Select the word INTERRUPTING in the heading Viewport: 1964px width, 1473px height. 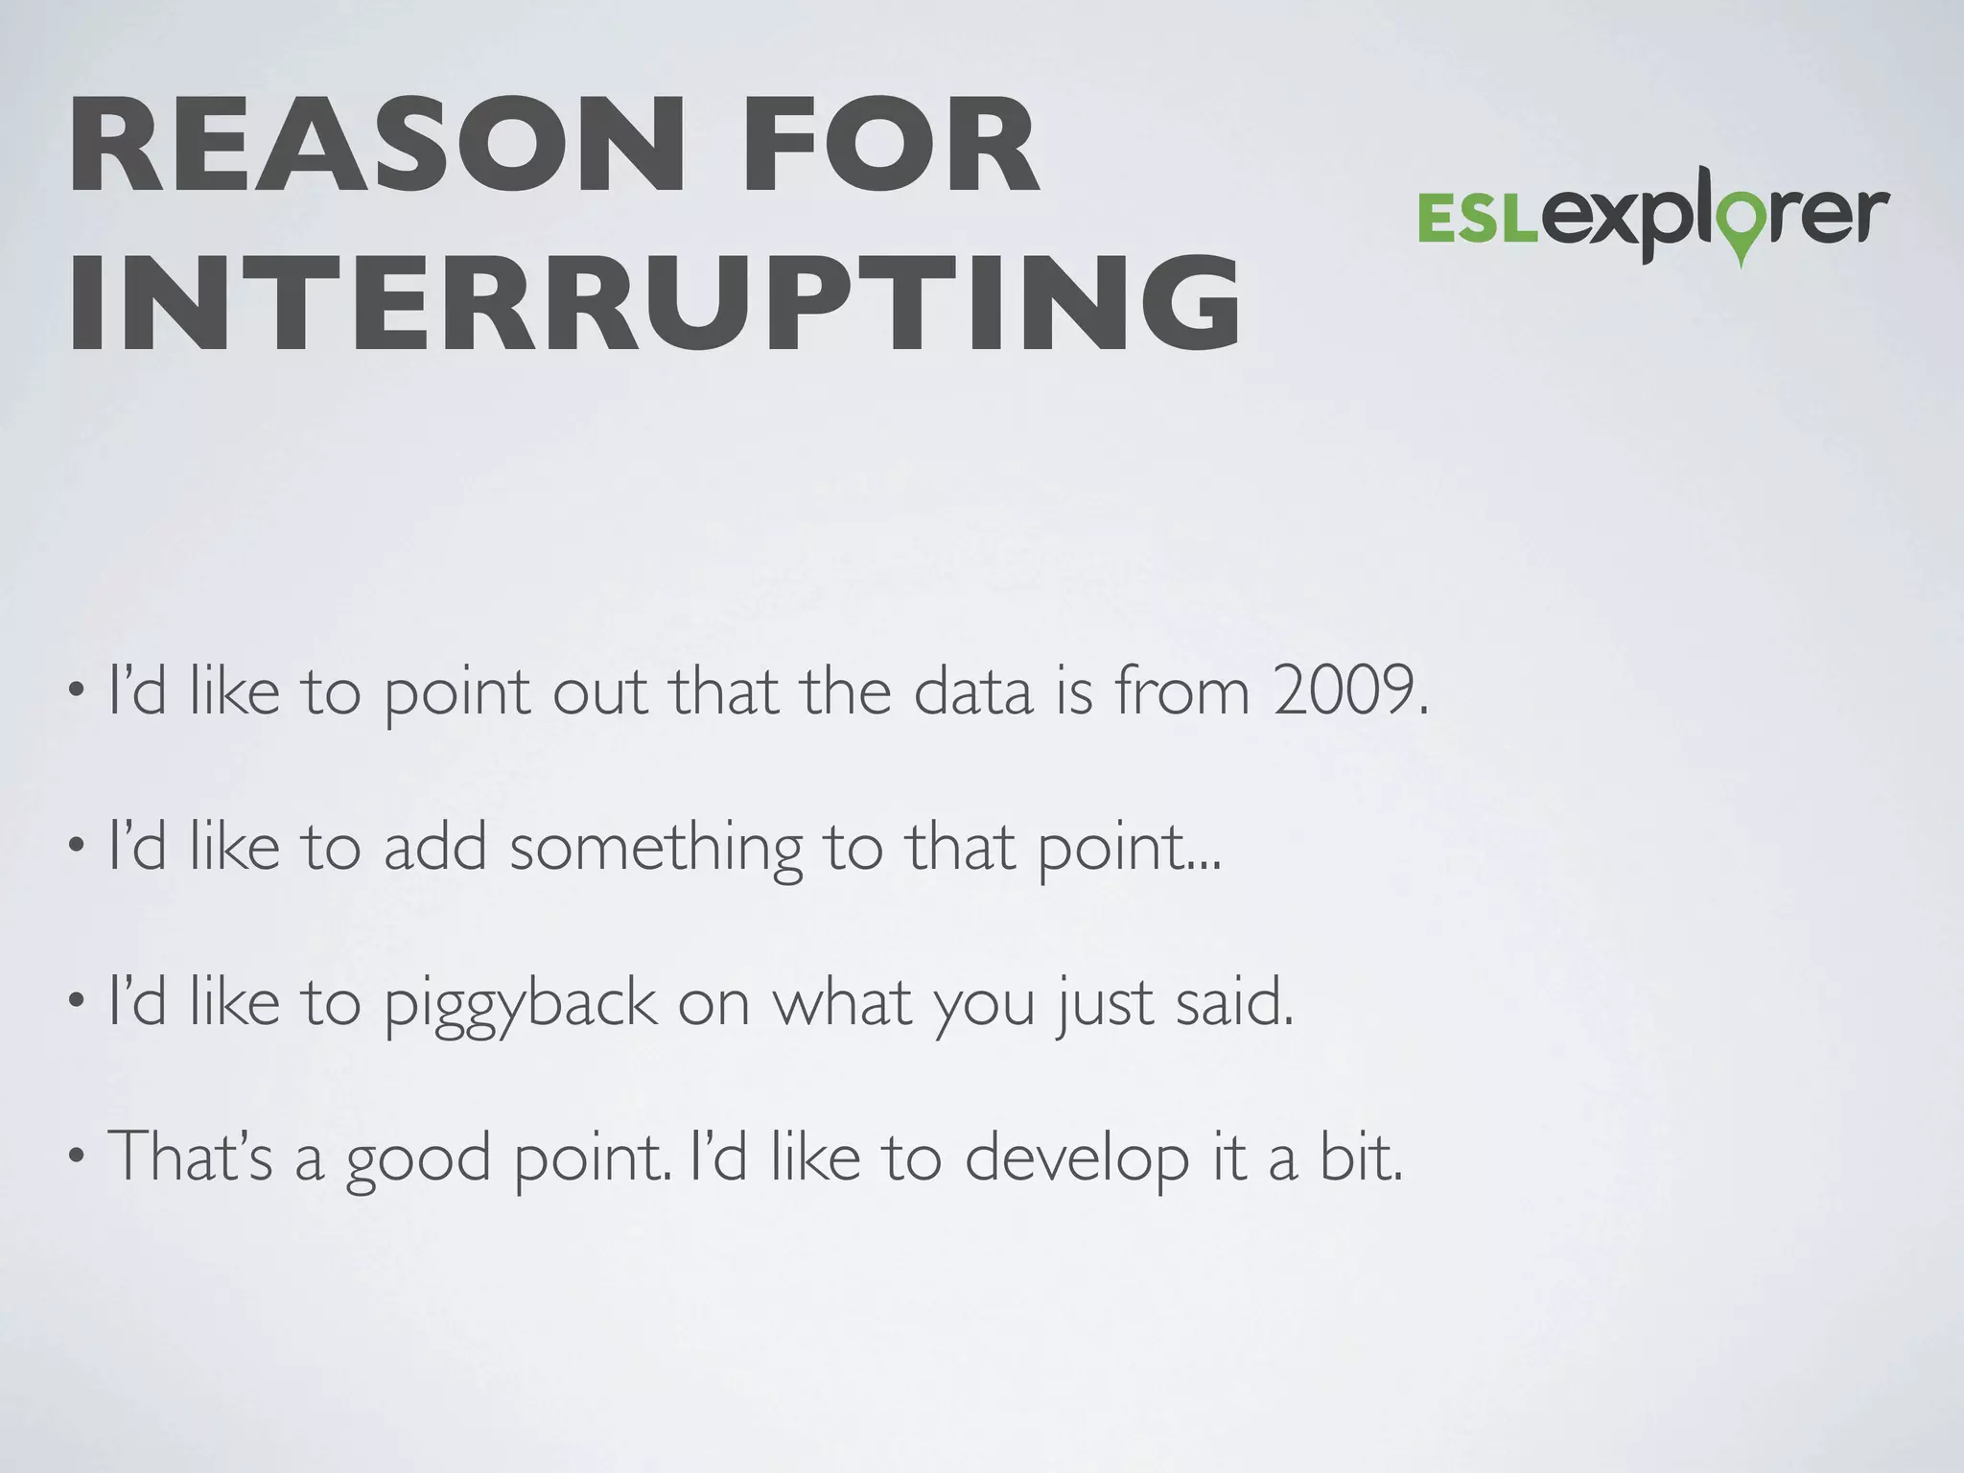tap(654, 305)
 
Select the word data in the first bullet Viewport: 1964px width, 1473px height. tap(972, 691)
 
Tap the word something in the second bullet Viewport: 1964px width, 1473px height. tap(656, 850)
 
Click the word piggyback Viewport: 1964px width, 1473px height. tap(521, 1005)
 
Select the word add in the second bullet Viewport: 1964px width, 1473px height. tap(435, 848)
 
